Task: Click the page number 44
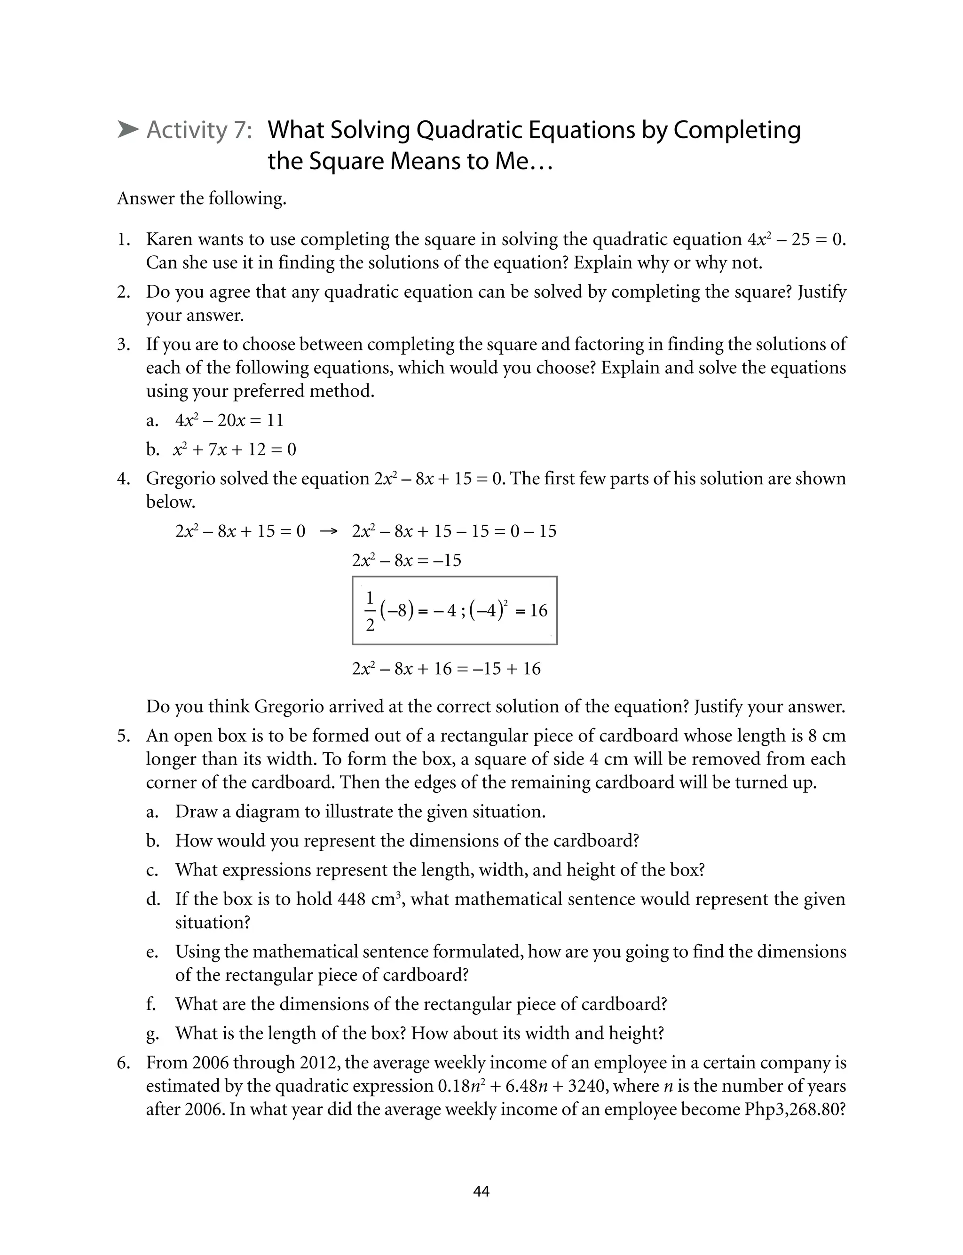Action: coord(481,1192)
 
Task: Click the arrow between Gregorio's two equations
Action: coord(329,531)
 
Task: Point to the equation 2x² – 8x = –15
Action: coord(406,560)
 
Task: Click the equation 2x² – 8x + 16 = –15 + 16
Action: coord(446,668)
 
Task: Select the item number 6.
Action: coord(124,1063)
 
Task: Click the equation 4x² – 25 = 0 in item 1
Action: coord(796,239)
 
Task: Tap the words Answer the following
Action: coord(202,198)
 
